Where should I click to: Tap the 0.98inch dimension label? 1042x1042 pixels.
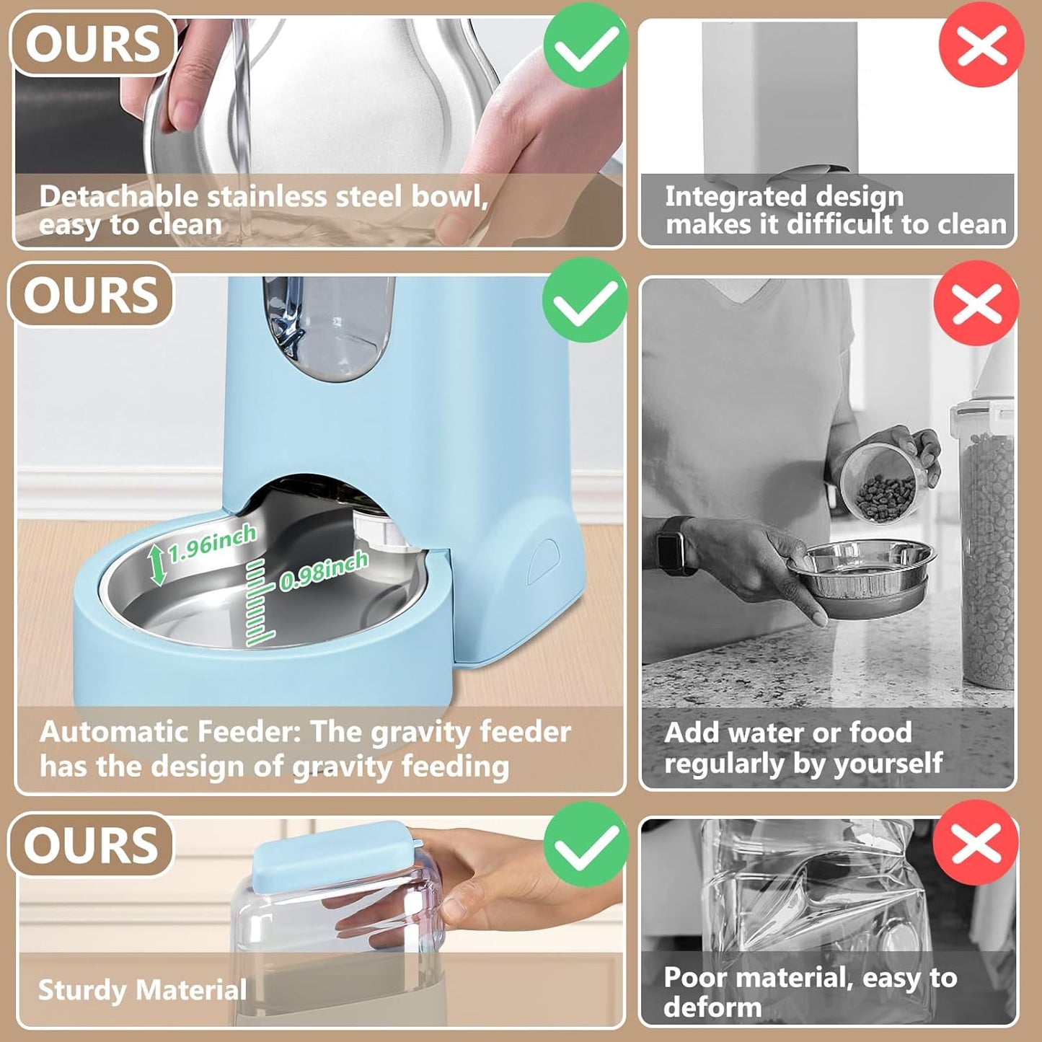[x=324, y=570]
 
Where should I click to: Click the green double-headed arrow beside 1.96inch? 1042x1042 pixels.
[x=157, y=565]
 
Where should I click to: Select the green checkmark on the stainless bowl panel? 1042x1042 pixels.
[x=585, y=45]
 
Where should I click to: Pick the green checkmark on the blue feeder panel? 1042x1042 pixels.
[x=584, y=300]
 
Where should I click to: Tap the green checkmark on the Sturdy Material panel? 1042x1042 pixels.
[x=586, y=844]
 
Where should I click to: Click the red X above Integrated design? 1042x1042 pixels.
[x=981, y=45]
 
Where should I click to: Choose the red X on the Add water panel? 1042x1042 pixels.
[x=976, y=303]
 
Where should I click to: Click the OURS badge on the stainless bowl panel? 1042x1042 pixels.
[x=93, y=43]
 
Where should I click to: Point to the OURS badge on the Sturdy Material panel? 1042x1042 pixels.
[x=91, y=845]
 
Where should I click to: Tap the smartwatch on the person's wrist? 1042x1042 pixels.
[x=674, y=545]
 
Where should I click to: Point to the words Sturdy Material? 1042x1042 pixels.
[x=142, y=989]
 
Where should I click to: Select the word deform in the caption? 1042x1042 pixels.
[x=712, y=1007]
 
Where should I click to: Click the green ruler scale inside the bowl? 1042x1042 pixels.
[x=258, y=602]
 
